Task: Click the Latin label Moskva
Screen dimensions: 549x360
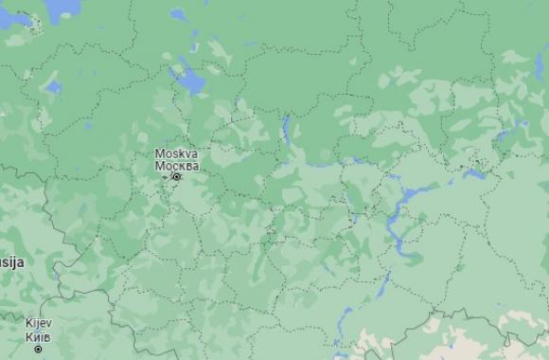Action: (176, 153)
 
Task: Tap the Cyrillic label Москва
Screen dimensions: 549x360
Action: (176, 166)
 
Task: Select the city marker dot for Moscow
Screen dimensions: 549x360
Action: (176, 176)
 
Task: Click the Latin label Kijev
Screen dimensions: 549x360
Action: (39, 324)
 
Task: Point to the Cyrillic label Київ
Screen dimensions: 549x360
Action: (39, 336)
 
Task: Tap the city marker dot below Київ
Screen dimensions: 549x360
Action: (39, 349)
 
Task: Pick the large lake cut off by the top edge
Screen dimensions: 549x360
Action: (62, 8)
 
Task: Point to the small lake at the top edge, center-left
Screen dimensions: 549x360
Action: (178, 14)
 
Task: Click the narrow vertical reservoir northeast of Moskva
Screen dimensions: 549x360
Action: (285, 128)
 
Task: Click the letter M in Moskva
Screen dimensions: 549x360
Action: (159, 153)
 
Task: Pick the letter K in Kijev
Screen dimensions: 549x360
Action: (29, 324)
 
